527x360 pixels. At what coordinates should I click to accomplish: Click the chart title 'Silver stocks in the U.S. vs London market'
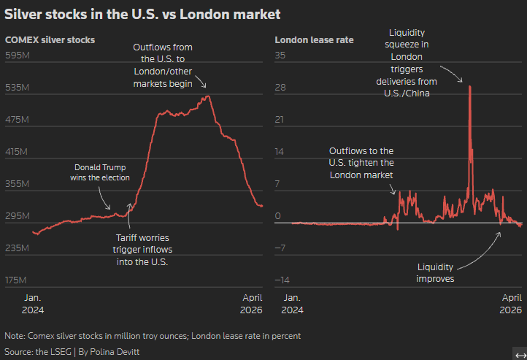click(x=142, y=14)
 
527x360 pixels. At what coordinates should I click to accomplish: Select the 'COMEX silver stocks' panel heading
click(x=50, y=39)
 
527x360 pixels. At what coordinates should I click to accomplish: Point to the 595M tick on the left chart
click(x=16, y=55)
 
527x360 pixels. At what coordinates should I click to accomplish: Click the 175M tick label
click(x=16, y=280)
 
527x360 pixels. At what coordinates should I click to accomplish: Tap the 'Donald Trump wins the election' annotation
click(x=100, y=172)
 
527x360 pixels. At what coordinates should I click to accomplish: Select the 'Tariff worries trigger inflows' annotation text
click(x=142, y=249)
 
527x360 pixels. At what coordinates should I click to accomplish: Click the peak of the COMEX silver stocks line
click(x=208, y=96)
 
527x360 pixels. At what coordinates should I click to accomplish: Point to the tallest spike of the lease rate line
click(x=469, y=86)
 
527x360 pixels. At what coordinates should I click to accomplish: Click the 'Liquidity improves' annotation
click(x=436, y=272)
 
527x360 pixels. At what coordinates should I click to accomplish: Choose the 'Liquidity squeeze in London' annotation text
click(x=418, y=64)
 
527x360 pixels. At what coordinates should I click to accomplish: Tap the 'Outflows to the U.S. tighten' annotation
click(x=362, y=163)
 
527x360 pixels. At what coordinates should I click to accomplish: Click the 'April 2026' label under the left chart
click(x=252, y=304)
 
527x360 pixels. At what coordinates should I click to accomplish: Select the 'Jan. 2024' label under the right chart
click(x=292, y=304)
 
